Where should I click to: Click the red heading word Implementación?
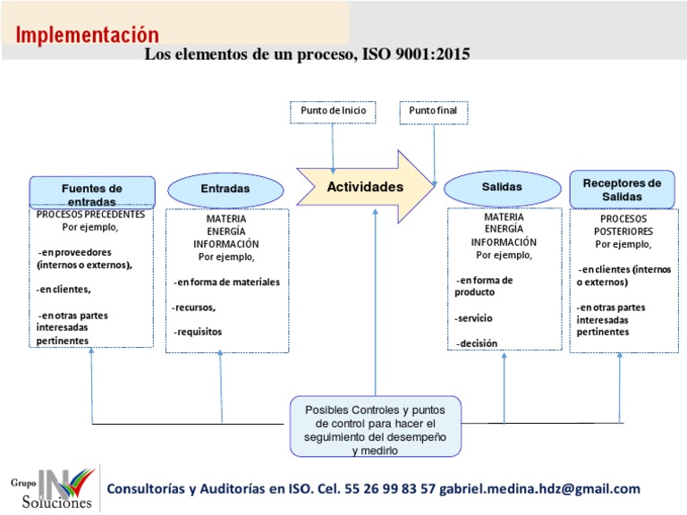click(88, 35)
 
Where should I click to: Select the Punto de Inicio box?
click(333, 112)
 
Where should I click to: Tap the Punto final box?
click(433, 112)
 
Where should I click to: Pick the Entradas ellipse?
click(225, 189)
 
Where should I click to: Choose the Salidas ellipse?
click(501, 187)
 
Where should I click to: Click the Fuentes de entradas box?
click(92, 192)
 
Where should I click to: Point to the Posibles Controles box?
click(376, 426)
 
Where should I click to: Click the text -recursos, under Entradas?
click(194, 308)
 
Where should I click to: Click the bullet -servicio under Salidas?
click(473, 318)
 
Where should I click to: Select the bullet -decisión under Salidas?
click(476, 343)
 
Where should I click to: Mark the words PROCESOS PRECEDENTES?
click(90, 215)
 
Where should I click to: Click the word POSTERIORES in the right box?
click(624, 231)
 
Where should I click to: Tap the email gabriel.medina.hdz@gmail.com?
click(540, 488)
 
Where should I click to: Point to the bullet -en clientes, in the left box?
click(64, 290)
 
